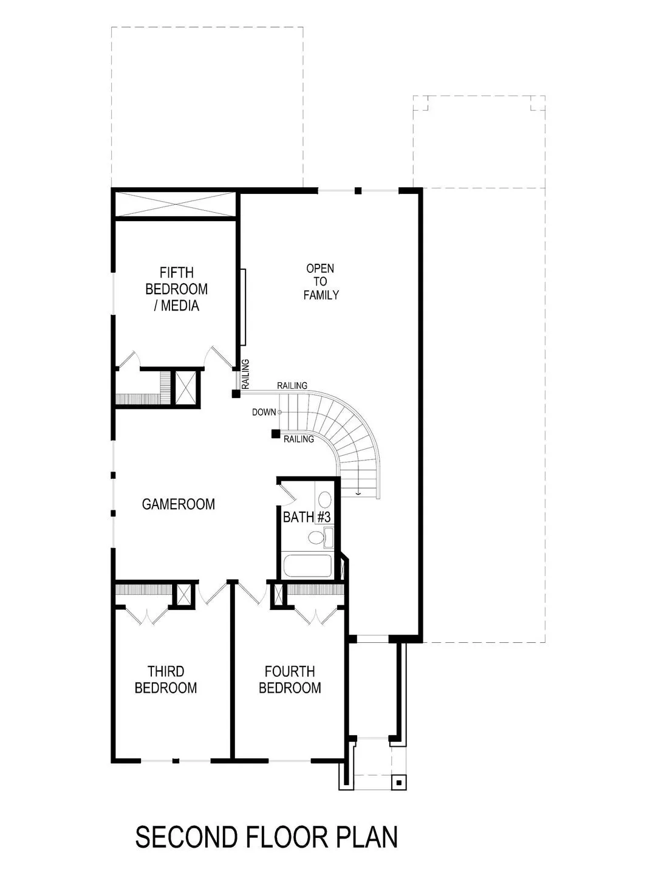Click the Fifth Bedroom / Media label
[x=176, y=289]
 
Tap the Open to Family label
[x=321, y=282]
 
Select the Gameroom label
[x=178, y=504]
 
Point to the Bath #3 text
[x=306, y=518]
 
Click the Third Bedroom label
[x=166, y=680]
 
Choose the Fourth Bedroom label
[x=290, y=680]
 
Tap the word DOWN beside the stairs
[x=264, y=413]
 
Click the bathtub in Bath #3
[x=307, y=566]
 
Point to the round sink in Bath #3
[x=325, y=500]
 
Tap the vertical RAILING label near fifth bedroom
[x=245, y=374]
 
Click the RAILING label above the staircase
[x=292, y=386]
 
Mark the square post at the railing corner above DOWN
[x=236, y=394]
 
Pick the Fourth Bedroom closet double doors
[x=316, y=615]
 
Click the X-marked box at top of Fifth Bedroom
[x=175, y=204]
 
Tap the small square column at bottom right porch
[x=398, y=783]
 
